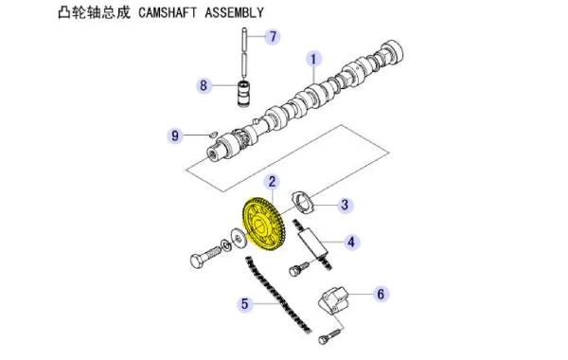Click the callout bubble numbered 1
click(x=313, y=59)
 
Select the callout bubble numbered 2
click(x=272, y=182)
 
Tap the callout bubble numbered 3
click(x=345, y=205)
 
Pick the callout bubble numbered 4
click(x=351, y=242)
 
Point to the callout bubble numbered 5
click(x=245, y=304)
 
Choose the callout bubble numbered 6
click(x=381, y=294)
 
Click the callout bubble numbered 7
click(x=273, y=36)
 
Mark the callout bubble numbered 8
click(x=204, y=85)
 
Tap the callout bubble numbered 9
click(x=175, y=135)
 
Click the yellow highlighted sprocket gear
click(x=263, y=224)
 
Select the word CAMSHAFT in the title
click(x=168, y=12)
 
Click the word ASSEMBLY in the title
click(x=234, y=12)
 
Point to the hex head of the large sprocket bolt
click(x=197, y=261)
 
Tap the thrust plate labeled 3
click(x=303, y=203)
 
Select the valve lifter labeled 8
click(x=243, y=94)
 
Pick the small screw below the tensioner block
click(x=329, y=335)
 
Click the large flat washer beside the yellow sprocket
click(x=238, y=238)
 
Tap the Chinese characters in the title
click(x=94, y=12)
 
